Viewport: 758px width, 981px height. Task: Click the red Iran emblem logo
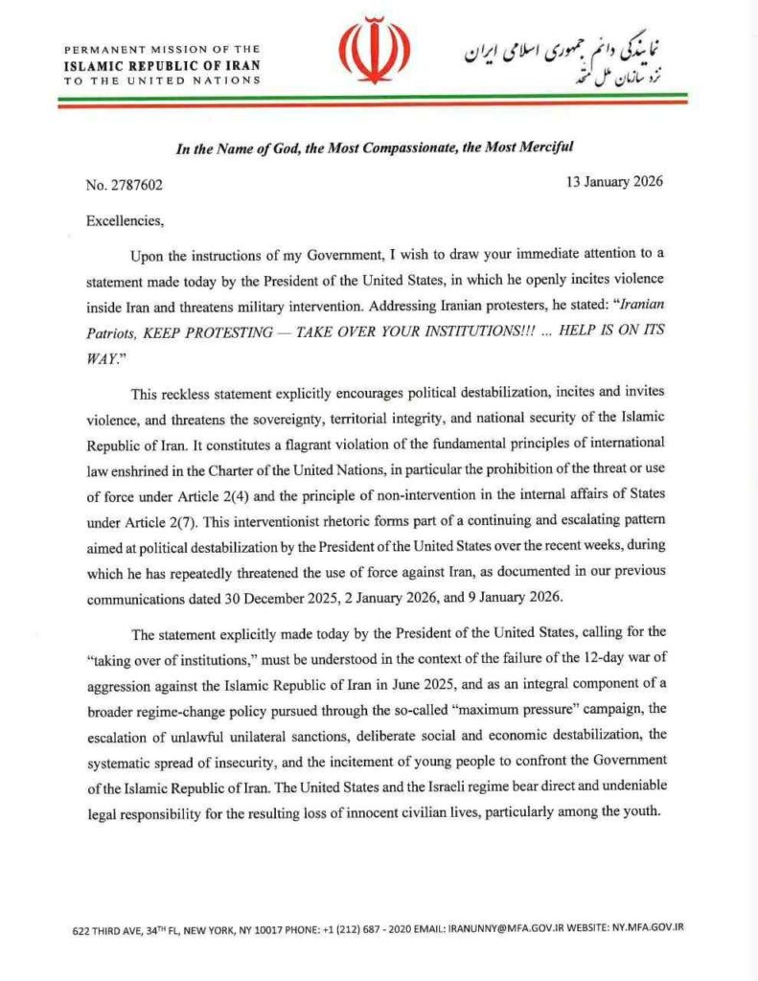(x=377, y=52)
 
